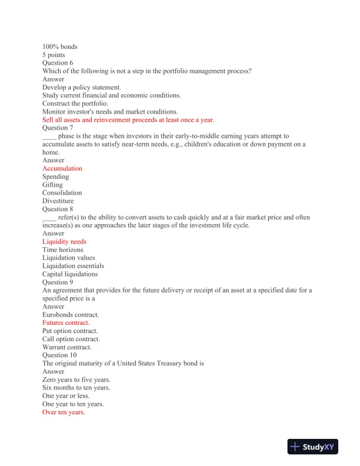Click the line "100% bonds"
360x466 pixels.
pyautogui.click(x=59, y=46)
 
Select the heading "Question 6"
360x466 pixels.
pyautogui.click(x=58, y=63)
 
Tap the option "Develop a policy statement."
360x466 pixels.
pyautogui.click(x=82, y=87)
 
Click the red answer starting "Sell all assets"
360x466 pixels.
pyautogui.click(x=128, y=119)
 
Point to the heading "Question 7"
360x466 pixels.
pyautogui.click(x=58, y=128)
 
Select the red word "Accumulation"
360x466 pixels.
pyautogui.click(x=62, y=168)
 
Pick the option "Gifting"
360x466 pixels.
pyautogui.click(x=52, y=185)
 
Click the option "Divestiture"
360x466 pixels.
pyautogui.click(x=58, y=201)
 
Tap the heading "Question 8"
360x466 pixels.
pyautogui.click(x=58, y=209)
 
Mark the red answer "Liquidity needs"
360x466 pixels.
pyautogui.click(x=64, y=241)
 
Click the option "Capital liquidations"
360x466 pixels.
pyautogui.click(x=70, y=274)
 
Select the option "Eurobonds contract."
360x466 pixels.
pyautogui.click(x=71, y=315)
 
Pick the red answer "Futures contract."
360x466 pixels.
pyautogui.click(x=66, y=323)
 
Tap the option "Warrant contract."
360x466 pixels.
pyautogui.click(x=67, y=347)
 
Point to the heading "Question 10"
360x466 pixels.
pyautogui.click(x=59, y=355)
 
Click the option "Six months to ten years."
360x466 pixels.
pyautogui.click(x=76, y=388)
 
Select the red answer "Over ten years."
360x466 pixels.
pyautogui.click(x=64, y=412)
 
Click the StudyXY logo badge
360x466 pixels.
pyautogui.click(x=314, y=447)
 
